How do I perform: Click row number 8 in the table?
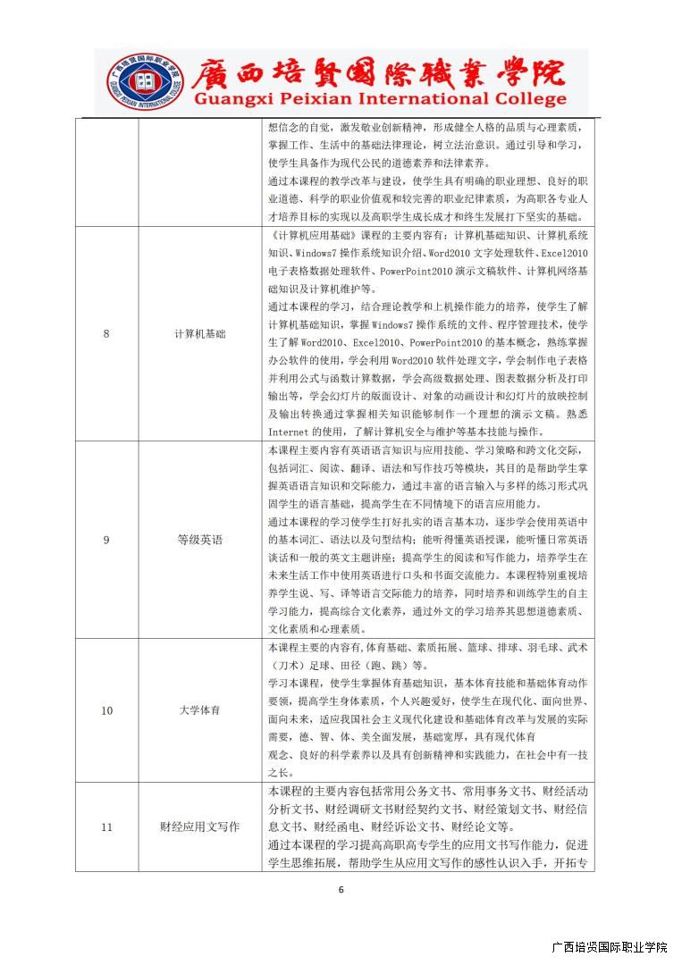[106, 333]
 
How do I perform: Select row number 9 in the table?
[106, 540]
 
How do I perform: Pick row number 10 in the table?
[106, 710]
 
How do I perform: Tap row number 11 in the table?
[106, 827]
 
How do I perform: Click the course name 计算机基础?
[200, 333]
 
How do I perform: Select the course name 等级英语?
[200, 540]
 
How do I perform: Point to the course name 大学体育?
[200, 710]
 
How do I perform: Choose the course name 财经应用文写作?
[200, 827]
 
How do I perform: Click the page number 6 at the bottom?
[341, 889]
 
